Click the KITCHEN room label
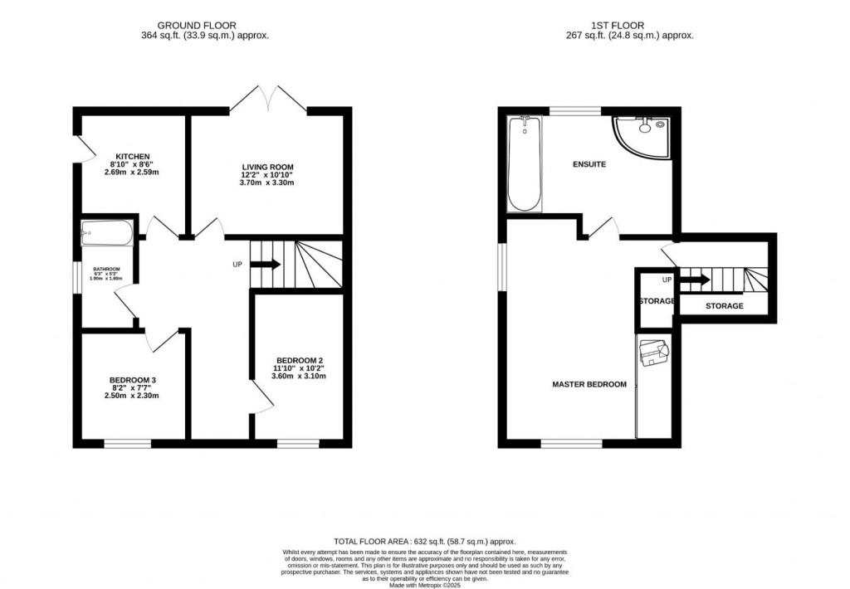pos(133,156)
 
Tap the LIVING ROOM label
pos(267,167)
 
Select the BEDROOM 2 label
pos(300,359)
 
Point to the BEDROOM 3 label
pos(134,380)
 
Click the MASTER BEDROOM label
pos(589,384)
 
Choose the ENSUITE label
pos(589,164)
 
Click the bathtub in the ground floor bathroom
pos(106,234)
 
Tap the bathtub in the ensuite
pos(524,163)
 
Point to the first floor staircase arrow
pos(696,280)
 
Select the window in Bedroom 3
pos(128,444)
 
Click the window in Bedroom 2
pos(298,444)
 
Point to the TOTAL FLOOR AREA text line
pos(424,539)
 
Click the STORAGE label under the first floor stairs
pos(724,306)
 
